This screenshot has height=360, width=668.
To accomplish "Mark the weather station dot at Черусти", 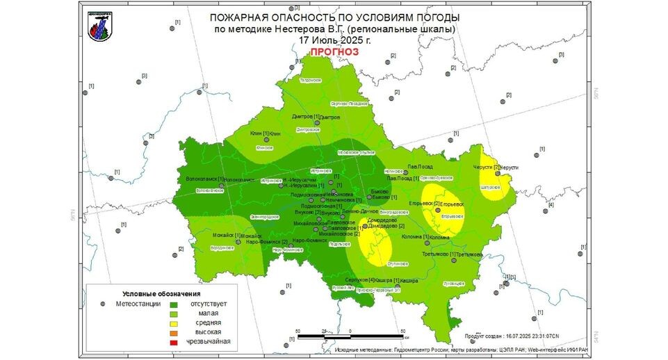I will pos(498,167).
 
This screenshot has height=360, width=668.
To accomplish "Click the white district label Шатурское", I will pos(490,187).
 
